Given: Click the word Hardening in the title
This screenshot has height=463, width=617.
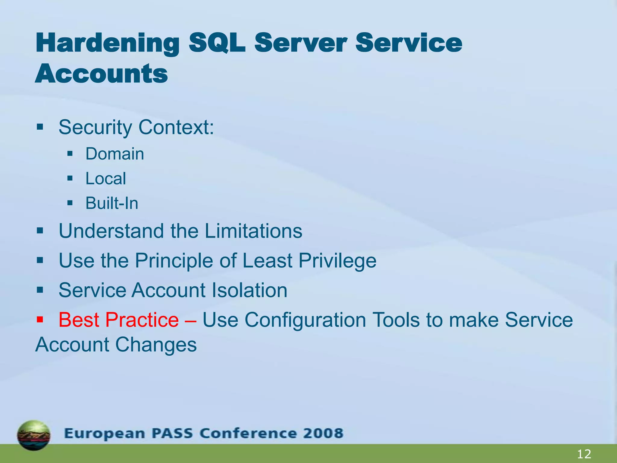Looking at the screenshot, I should coord(107,43).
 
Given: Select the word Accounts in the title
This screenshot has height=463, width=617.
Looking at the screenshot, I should coord(101,74).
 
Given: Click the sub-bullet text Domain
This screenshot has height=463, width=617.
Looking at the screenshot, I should coord(115,154).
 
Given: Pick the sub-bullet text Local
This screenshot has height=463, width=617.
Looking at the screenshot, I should coord(106,178).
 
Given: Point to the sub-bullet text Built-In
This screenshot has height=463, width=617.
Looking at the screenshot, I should coord(112,203).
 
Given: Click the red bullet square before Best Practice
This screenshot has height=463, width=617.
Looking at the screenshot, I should coord(40,319).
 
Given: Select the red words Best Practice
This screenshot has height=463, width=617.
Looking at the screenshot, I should coord(119,320).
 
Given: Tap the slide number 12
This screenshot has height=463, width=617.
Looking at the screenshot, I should coord(584,454).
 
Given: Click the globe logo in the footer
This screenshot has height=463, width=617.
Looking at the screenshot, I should coord(34,435).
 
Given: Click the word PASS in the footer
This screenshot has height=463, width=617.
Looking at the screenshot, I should coord(172,433).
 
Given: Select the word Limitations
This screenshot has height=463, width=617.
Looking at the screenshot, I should coord(253,231).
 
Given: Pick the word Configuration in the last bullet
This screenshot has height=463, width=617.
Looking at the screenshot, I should coord(305,320).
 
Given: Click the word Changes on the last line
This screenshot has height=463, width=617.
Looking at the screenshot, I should coord(156,345).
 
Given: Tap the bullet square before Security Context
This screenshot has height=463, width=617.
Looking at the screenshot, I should coord(40,127).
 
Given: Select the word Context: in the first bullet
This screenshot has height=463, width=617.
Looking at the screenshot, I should coord(176,127).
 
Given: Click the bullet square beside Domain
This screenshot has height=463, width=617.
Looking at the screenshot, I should coord(70,154).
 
